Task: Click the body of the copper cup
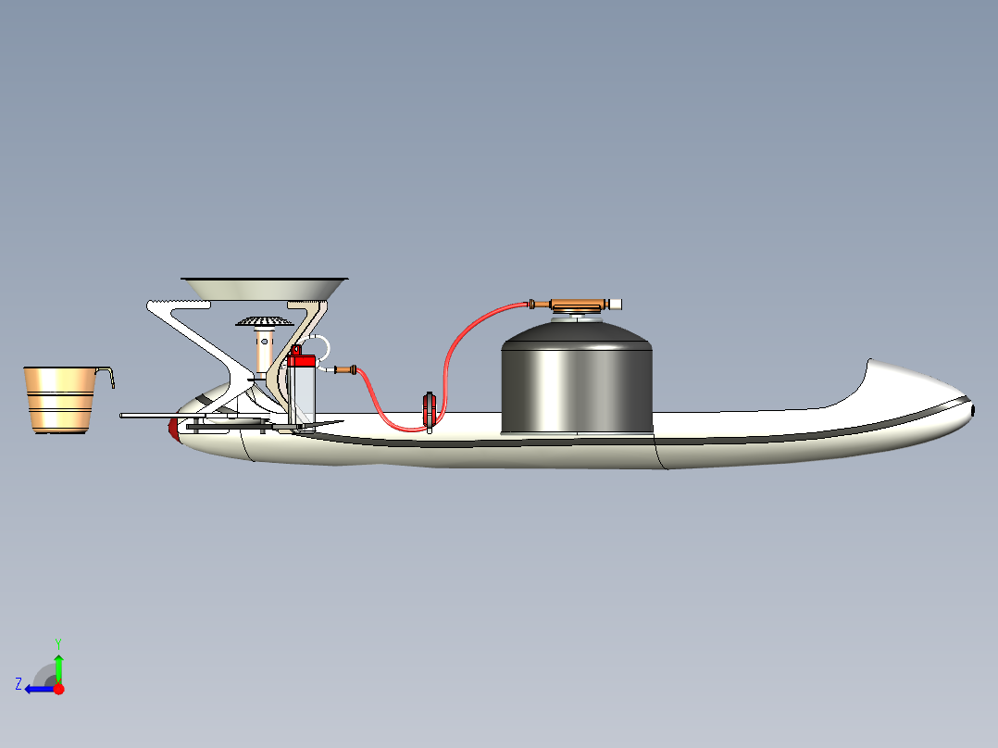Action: pos(59,400)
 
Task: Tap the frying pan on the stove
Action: pos(264,289)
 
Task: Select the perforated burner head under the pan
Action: pos(264,321)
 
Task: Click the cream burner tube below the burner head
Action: pos(264,350)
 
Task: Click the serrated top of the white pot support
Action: pos(179,305)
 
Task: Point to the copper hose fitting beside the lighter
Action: pos(345,369)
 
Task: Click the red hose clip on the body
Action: pos(430,410)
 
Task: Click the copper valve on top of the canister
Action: pos(576,305)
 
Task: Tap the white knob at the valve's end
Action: pos(615,305)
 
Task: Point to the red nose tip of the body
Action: pos(173,427)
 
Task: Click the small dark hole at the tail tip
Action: pos(973,411)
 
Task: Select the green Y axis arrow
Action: pos(58,667)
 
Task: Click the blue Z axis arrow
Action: pos(40,689)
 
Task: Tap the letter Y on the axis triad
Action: pos(58,643)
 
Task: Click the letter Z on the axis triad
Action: pos(19,684)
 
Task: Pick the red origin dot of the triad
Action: pos(59,689)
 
